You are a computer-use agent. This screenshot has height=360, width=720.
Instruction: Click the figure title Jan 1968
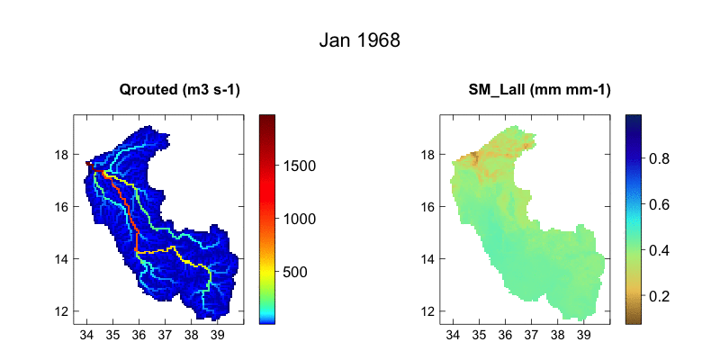click(360, 41)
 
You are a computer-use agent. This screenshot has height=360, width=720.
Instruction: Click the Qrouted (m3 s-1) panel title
click(180, 89)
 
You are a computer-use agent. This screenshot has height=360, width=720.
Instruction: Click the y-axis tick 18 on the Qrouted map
click(62, 155)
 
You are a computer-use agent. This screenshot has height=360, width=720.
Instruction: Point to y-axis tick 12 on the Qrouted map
click(62, 311)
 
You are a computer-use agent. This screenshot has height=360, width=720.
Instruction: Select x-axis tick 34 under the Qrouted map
click(86, 335)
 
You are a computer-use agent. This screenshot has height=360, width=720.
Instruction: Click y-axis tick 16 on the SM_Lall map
click(430, 207)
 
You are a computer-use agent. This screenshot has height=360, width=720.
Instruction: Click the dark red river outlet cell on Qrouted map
click(87, 163)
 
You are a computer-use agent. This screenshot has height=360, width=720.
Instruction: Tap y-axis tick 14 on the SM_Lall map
click(430, 259)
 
